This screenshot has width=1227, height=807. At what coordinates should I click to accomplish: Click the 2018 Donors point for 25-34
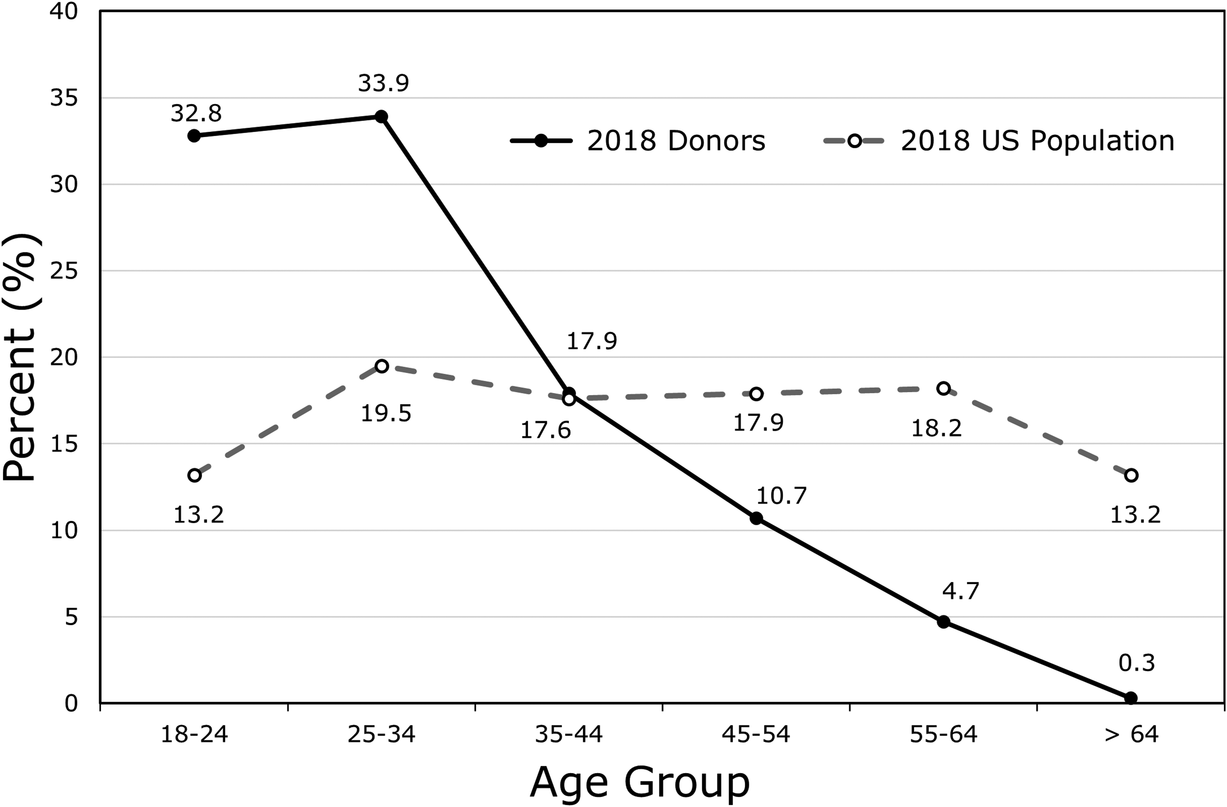382,116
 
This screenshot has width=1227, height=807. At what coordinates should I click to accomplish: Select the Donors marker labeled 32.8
194,136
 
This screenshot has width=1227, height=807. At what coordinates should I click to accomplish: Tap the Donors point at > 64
1130,698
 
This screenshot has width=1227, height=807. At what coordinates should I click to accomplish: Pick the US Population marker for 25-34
382,366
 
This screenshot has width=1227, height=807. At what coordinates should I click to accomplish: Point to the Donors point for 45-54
756,518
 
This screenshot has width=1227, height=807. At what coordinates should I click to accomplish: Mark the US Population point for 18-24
194,475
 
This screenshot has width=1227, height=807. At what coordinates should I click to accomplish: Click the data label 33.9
384,83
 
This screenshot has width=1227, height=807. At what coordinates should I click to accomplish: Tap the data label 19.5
386,413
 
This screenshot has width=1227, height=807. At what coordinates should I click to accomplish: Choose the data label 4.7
960,591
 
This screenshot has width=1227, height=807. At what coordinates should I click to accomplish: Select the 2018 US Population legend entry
999,141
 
